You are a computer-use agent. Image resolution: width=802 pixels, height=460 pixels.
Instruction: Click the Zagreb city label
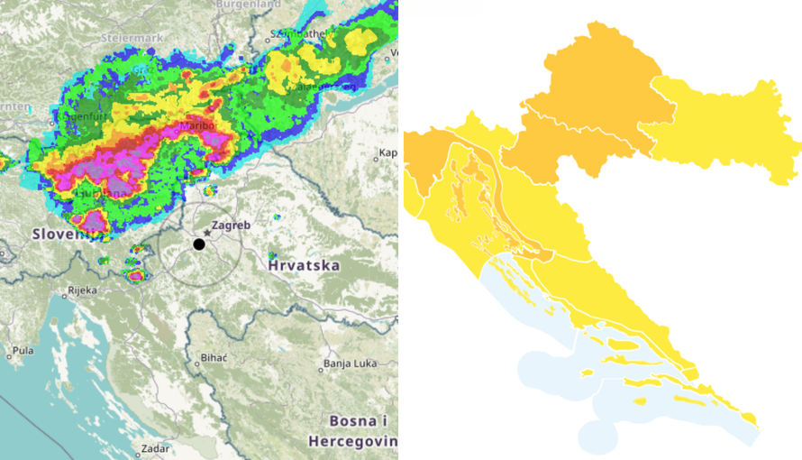[229, 225]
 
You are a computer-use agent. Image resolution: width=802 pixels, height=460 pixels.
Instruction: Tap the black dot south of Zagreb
[199, 244]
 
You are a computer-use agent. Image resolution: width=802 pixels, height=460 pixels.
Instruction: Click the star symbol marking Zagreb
[207, 233]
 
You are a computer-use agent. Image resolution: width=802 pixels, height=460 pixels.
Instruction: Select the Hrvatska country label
[304, 265]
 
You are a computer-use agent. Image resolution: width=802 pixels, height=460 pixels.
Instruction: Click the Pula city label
[23, 350]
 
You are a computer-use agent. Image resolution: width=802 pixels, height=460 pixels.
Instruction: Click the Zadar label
[154, 447]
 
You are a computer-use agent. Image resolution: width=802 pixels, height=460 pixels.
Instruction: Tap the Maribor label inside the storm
[199, 126]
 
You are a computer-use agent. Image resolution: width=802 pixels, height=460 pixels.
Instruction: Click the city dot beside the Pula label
[9, 355]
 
